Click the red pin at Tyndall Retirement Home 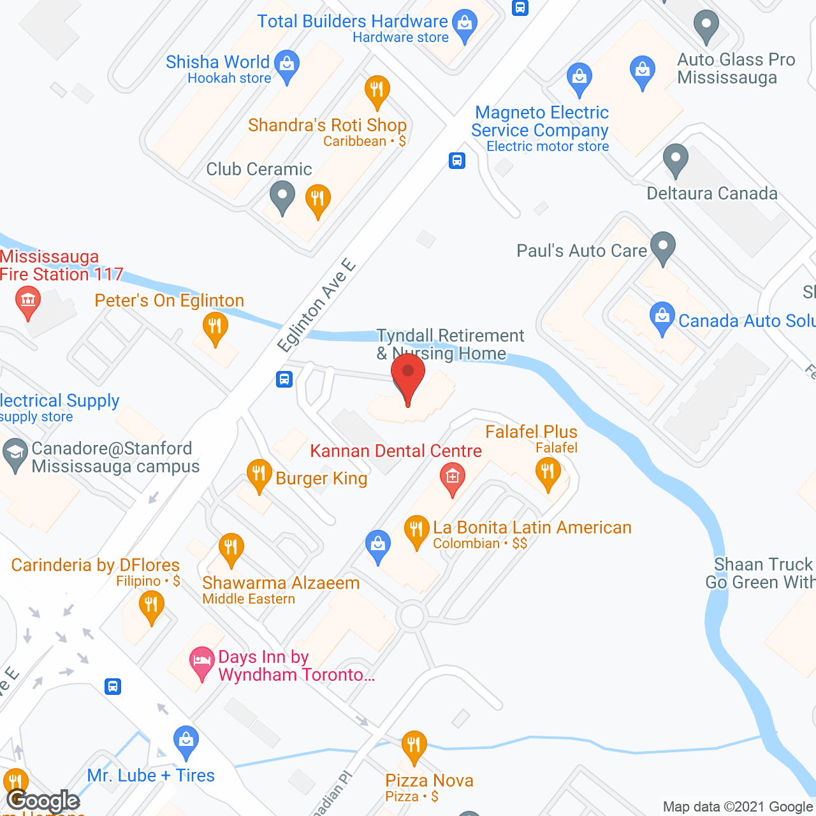pos(408,375)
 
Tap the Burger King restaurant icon pos(259,474)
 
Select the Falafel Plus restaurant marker pos(548,473)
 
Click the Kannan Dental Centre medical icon pos(452,477)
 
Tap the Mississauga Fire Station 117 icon pos(27,300)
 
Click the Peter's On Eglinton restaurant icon pos(215,326)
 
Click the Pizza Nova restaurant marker pos(414,745)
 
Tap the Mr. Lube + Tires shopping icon pos(186,740)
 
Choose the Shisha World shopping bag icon pos(287,64)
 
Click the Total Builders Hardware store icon pos(465,24)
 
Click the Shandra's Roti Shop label pos(327,125)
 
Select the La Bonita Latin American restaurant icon pos(416,530)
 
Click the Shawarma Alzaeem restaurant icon pos(231,548)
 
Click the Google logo pos(43,801)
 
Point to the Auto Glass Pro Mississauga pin pos(706,25)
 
